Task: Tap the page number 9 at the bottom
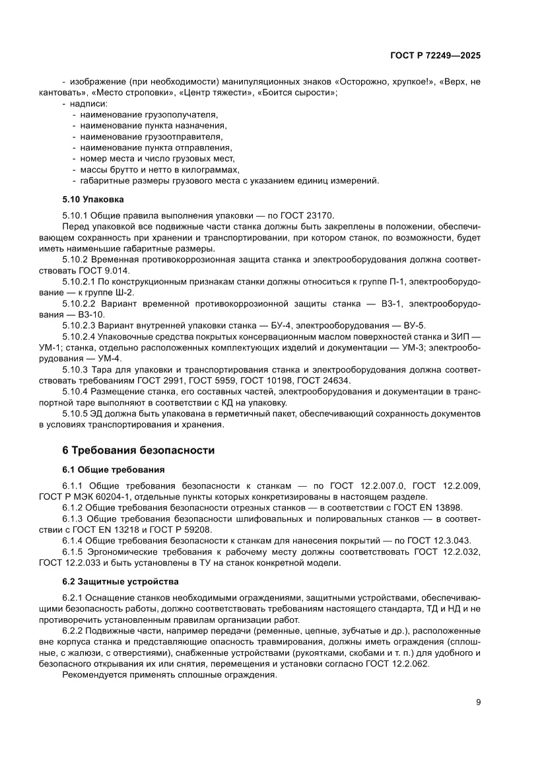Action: pyautogui.click(x=478, y=703)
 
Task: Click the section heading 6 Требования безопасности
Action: pyautogui.click(x=138, y=450)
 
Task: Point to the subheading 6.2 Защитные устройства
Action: pyautogui.click(x=119, y=582)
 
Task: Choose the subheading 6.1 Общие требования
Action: pyautogui.click(x=113, y=470)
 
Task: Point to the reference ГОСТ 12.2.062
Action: pyautogui.click(x=399, y=664)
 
